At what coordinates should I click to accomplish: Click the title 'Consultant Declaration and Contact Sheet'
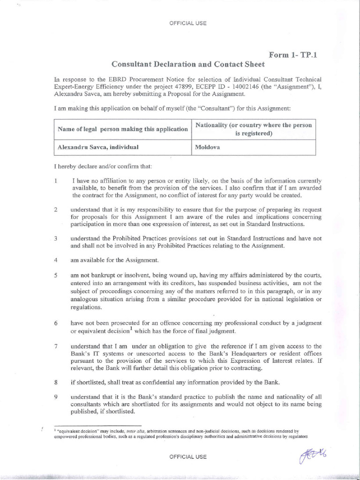click(187, 64)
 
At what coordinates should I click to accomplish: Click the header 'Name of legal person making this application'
click(122, 129)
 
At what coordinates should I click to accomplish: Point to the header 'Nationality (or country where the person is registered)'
click(253, 129)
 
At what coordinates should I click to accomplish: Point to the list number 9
click(55, 396)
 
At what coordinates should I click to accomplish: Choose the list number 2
click(55, 210)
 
